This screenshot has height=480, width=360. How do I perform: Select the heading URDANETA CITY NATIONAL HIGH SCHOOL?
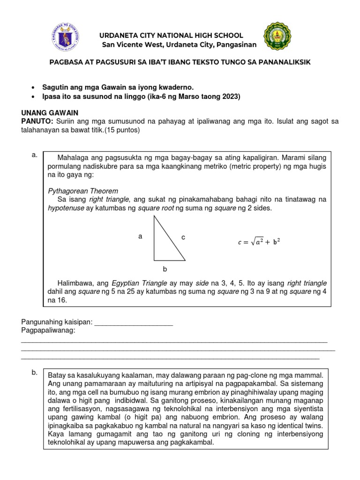(x=170, y=36)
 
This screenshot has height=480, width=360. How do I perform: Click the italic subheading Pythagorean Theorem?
(x=83, y=191)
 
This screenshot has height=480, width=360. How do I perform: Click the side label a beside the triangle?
(x=140, y=237)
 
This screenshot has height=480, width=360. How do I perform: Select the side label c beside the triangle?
(x=184, y=238)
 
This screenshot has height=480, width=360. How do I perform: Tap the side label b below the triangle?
(x=165, y=270)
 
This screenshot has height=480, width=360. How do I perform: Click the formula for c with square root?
(x=259, y=242)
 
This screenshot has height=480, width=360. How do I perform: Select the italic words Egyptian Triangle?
(x=140, y=284)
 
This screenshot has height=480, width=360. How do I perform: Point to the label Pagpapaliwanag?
(x=48, y=331)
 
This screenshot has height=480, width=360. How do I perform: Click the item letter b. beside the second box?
(x=34, y=373)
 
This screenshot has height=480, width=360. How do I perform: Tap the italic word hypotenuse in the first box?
(x=66, y=208)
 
